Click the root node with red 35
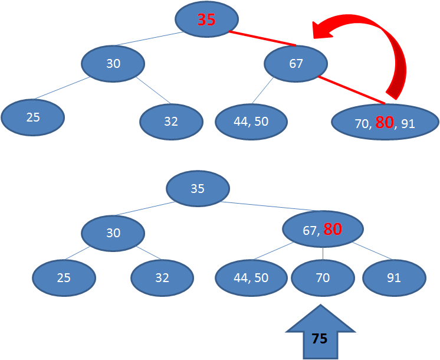click(206, 19)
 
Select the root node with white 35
click(198, 189)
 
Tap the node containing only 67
click(296, 63)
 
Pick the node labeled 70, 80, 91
click(385, 123)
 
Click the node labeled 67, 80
click(323, 230)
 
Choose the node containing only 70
click(323, 277)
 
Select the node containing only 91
click(394, 277)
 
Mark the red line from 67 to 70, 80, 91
click(350, 89)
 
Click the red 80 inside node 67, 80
click(333, 230)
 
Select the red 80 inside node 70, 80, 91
click(384, 123)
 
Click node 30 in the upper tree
click(113, 63)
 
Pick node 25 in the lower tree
click(64, 277)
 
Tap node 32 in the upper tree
click(171, 122)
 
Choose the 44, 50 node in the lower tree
click(251, 277)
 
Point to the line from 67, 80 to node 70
click(323, 252)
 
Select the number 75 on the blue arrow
click(320, 339)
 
